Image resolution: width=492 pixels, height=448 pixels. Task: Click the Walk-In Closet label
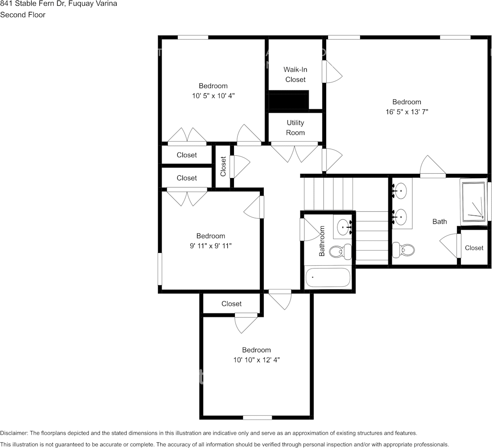[295, 75]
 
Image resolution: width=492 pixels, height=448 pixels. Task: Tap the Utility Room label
[295, 128]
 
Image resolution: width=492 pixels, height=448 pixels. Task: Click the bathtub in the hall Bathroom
[328, 278]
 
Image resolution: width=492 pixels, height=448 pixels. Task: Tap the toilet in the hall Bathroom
[340, 251]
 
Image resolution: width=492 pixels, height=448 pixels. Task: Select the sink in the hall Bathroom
[344, 227]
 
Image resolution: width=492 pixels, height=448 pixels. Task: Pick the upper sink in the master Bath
[399, 191]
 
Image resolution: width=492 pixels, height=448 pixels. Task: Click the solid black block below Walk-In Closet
[288, 100]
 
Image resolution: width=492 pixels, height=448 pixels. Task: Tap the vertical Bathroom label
[322, 241]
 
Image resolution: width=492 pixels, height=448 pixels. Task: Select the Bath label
[440, 221]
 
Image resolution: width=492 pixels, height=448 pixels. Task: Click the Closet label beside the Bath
[474, 248]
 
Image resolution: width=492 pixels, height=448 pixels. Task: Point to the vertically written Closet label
[223, 166]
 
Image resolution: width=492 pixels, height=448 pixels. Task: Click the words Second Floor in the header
[23, 15]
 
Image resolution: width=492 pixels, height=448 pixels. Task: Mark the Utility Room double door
[295, 152]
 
